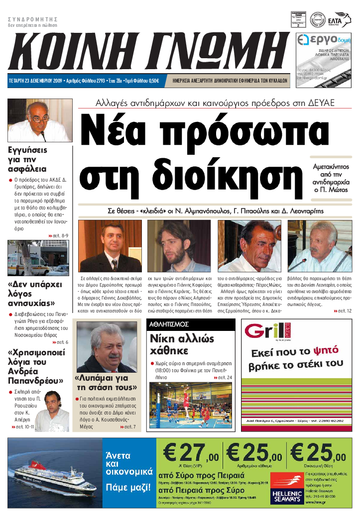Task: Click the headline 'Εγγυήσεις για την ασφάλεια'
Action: click(28, 159)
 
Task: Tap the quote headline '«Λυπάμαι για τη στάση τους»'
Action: click(106, 383)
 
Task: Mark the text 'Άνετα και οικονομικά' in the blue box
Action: click(118, 464)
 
